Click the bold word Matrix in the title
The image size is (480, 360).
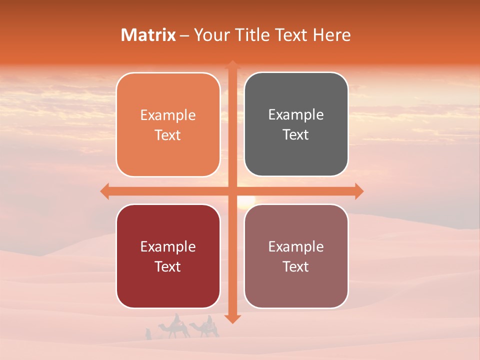148,35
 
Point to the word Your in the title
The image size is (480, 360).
210,35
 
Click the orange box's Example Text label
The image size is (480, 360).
168,125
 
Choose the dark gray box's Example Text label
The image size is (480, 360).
296,124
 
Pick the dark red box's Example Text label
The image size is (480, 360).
168,256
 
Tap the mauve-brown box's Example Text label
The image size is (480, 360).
296,256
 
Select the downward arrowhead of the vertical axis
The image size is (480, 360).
232,318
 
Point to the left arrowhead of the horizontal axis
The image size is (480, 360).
104,191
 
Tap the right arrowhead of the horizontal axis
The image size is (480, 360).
359,191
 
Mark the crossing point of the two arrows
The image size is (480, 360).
232,191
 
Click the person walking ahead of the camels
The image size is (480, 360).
147,334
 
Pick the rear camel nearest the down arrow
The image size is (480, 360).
205,330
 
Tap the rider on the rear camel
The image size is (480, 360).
210,320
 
